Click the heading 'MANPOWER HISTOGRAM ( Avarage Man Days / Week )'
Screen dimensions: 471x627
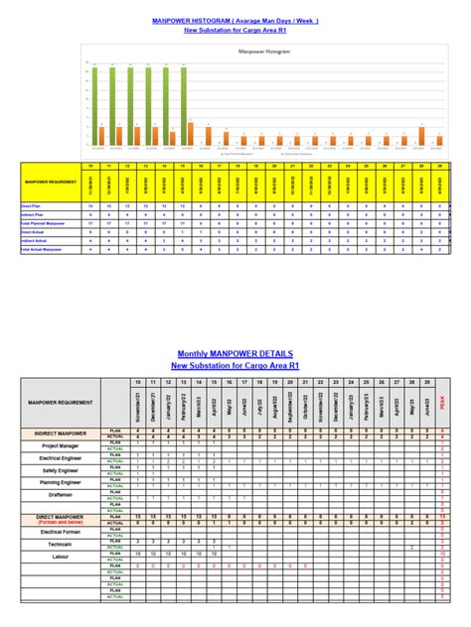tap(235, 19)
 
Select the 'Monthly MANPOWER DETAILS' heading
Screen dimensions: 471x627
tap(235, 353)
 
